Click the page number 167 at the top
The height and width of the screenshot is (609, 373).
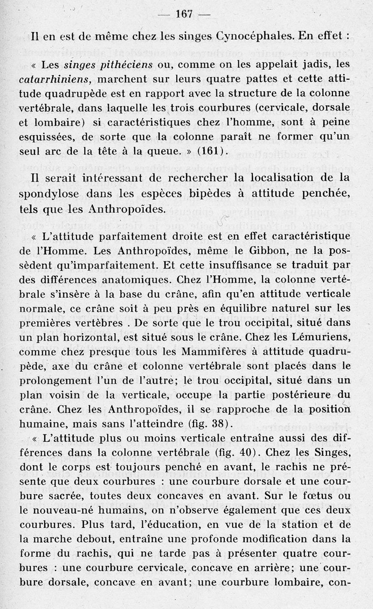click(184, 14)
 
